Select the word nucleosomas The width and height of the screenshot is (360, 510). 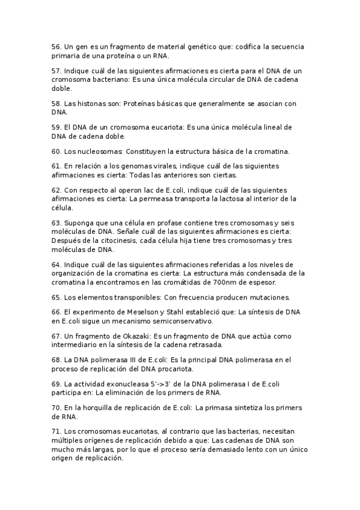point(99,151)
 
